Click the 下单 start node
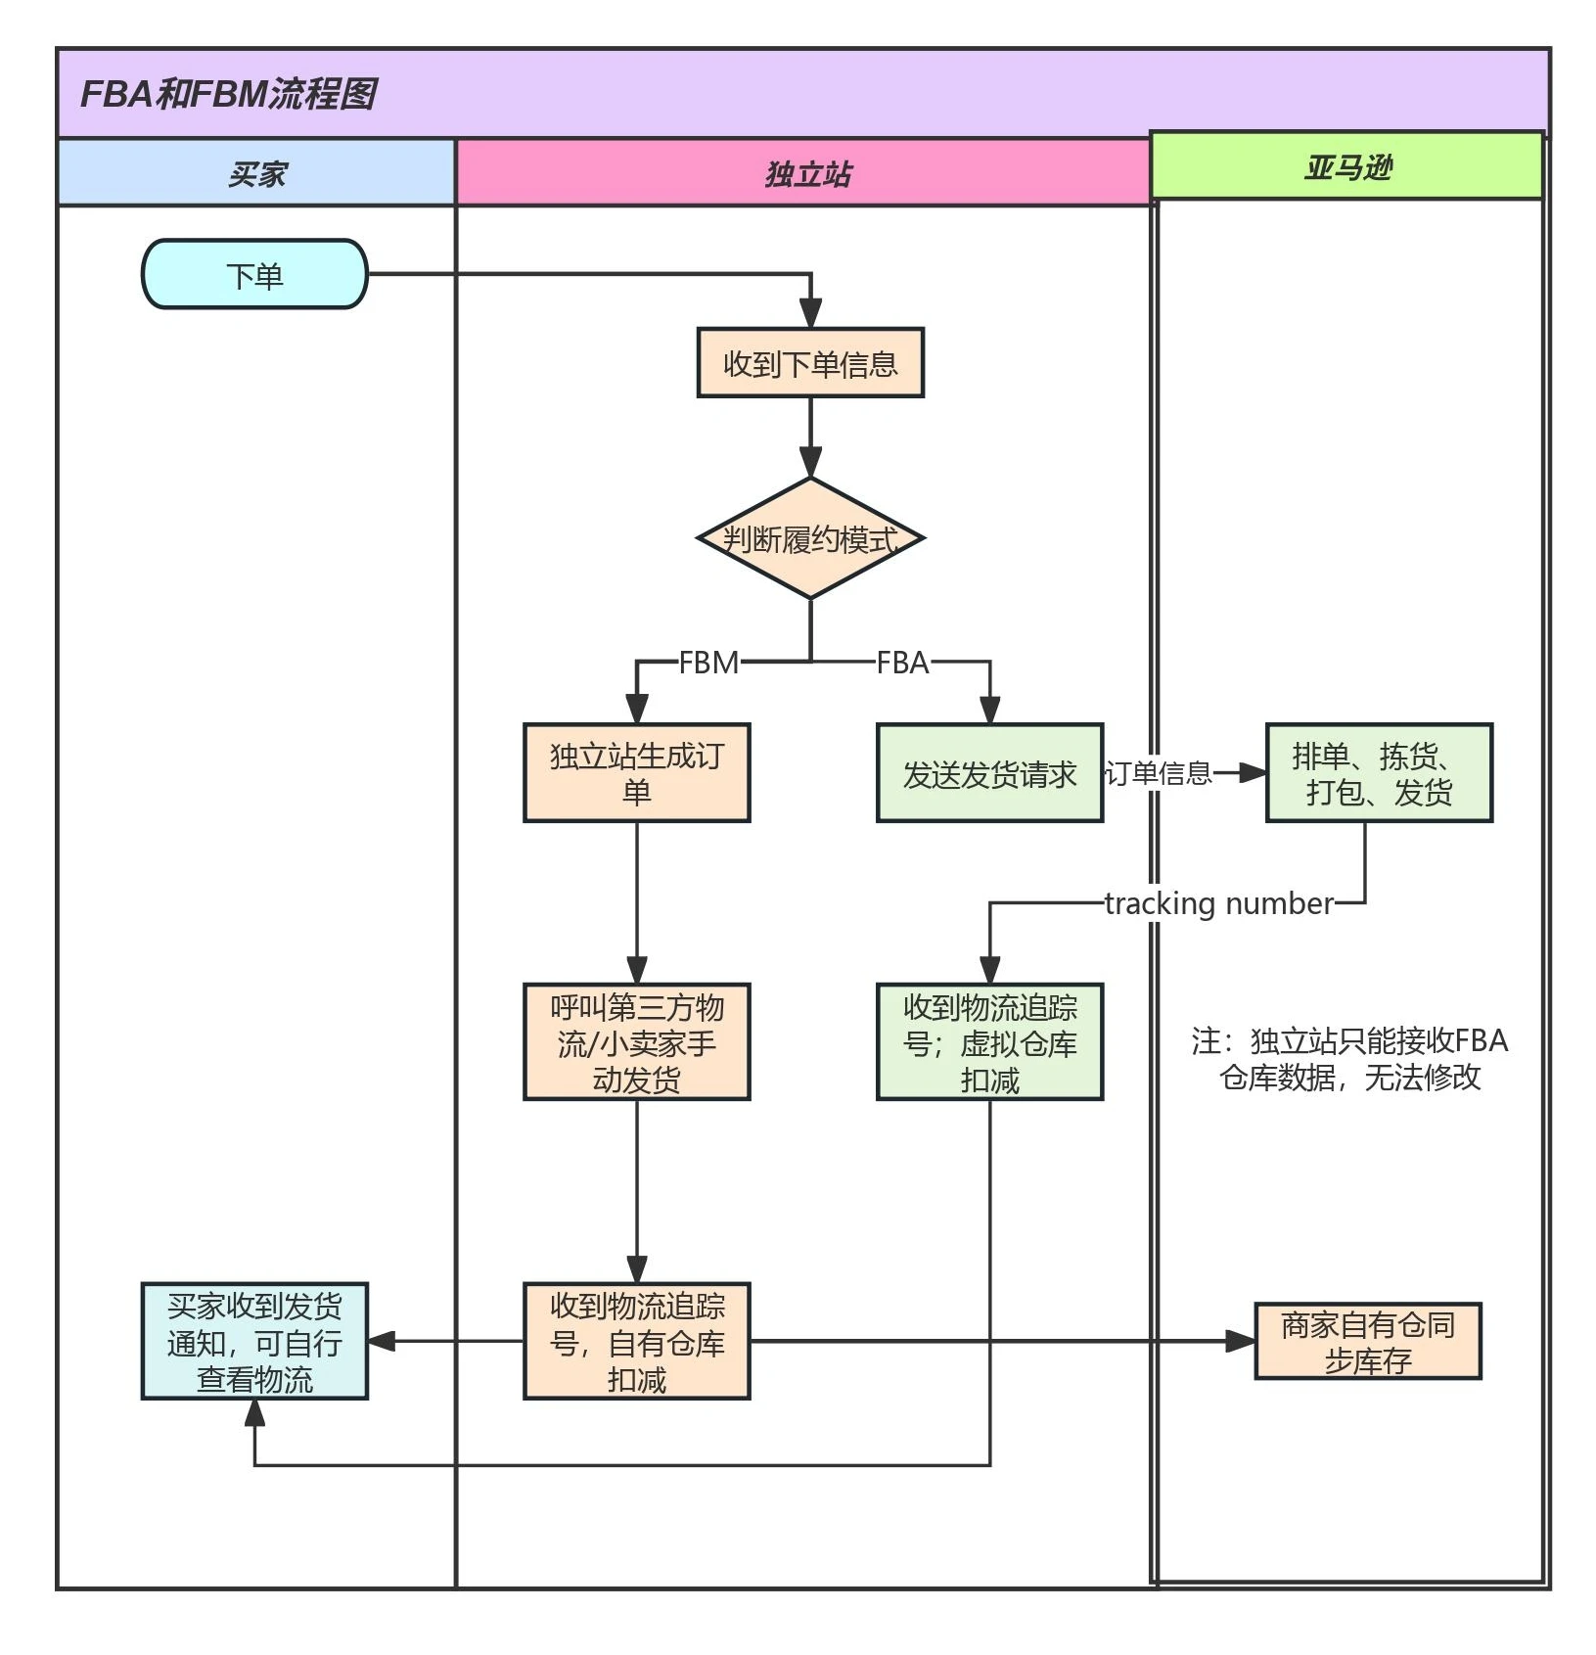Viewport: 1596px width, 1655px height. [x=254, y=275]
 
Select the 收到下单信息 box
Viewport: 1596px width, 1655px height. [x=809, y=363]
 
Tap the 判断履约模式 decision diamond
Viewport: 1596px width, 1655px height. [x=809, y=538]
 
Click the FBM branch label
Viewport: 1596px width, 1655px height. [x=708, y=663]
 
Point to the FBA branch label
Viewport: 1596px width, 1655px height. [x=901, y=663]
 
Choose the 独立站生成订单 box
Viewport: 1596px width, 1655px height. [x=636, y=772]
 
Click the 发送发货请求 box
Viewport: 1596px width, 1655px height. [x=989, y=773]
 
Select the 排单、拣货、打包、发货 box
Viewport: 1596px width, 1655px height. [x=1378, y=772]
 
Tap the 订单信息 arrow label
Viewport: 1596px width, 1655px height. [x=1159, y=773]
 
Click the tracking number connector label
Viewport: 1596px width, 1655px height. [x=1218, y=902]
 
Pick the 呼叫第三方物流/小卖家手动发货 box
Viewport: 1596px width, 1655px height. [x=636, y=1041]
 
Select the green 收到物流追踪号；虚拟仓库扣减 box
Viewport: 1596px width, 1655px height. [x=989, y=1041]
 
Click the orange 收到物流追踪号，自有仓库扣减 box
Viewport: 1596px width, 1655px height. [x=636, y=1341]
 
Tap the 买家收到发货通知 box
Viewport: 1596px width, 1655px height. [x=254, y=1341]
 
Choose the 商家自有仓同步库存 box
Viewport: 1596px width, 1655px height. [x=1367, y=1341]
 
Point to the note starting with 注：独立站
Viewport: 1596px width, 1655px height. [x=1349, y=1058]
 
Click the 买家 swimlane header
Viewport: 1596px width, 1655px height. [x=256, y=173]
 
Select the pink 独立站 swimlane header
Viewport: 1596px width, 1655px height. [x=807, y=173]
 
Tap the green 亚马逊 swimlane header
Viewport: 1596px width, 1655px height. [x=1346, y=166]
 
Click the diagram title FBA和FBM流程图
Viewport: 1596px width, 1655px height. [x=228, y=94]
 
